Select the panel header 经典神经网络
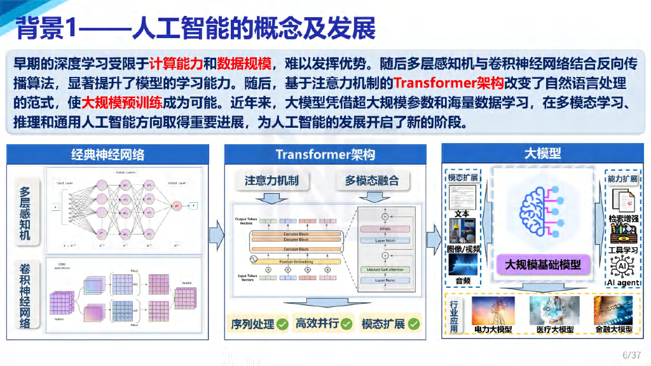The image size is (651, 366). point(107,154)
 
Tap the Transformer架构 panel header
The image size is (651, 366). point(325,154)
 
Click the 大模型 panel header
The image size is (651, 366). point(542,153)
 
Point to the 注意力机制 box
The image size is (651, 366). point(271,180)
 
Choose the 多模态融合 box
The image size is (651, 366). point(372,180)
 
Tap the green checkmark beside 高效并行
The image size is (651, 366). point(346,324)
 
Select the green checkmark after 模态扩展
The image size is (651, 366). point(414,324)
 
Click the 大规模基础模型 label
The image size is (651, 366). point(543,264)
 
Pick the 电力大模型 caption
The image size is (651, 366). point(493,329)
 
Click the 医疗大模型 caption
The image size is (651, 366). point(554,329)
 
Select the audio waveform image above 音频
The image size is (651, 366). point(463,264)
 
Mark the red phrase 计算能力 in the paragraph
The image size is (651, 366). point(176,64)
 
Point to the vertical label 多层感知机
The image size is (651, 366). point(25,214)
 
